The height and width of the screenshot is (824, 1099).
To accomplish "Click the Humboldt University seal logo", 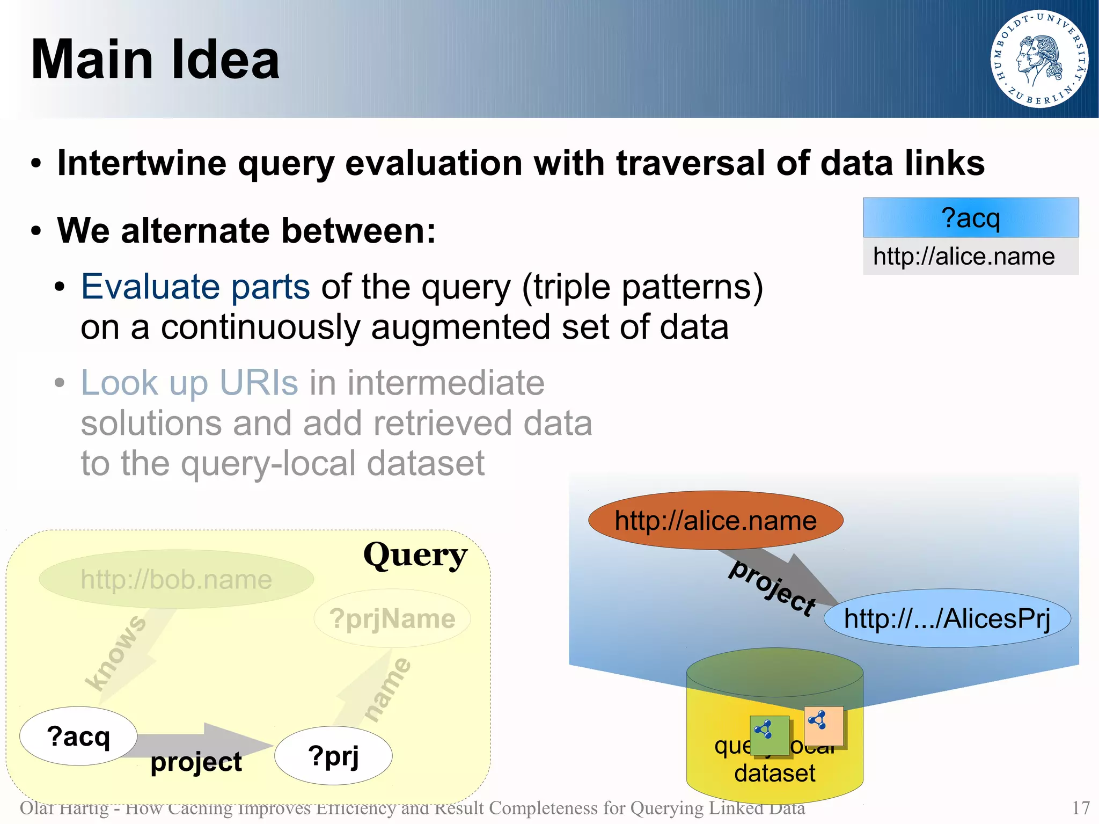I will pyautogui.click(x=1039, y=59).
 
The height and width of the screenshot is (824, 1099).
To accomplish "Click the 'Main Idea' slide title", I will pyautogui.click(x=155, y=60).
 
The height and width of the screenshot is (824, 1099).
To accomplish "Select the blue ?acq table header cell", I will pyautogui.click(x=970, y=218).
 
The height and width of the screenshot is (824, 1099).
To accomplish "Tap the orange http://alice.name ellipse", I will pyautogui.click(x=715, y=520).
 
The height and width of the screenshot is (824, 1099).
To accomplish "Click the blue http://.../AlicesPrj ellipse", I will pyautogui.click(x=947, y=618).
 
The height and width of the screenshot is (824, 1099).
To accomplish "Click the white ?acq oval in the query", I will pyautogui.click(x=78, y=736).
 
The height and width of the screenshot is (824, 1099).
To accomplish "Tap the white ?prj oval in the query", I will pyautogui.click(x=333, y=756).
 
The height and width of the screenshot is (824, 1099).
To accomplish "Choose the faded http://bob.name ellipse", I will pyautogui.click(x=176, y=579).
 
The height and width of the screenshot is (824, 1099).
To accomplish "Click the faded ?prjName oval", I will pyautogui.click(x=392, y=618).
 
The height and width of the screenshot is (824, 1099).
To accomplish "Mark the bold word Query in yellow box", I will pyautogui.click(x=415, y=555).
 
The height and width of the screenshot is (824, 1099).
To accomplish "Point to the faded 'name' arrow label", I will pyautogui.click(x=387, y=689).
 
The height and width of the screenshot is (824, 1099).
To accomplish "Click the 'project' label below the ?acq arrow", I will pyautogui.click(x=196, y=762).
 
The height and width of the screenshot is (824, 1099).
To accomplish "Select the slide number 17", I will pyautogui.click(x=1080, y=808).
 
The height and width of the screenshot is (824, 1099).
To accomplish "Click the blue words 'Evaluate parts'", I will pyautogui.click(x=195, y=287).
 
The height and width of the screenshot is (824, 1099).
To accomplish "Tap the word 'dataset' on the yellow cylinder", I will pyautogui.click(x=774, y=774).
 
